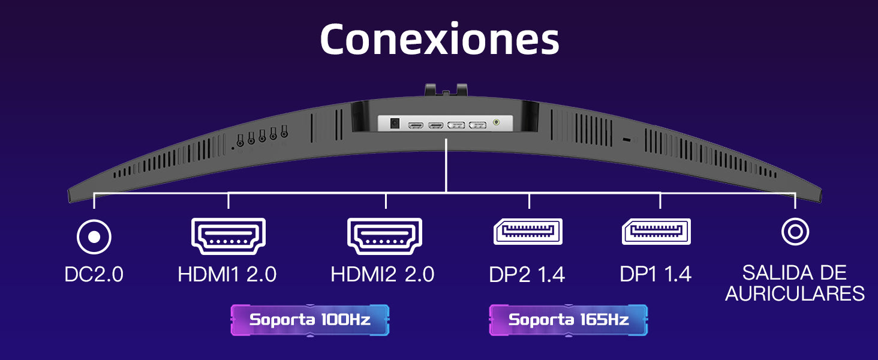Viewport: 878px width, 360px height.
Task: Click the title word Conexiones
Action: pyautogui.click(x=439, y=40)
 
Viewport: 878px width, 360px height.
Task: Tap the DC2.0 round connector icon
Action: pyautogui.click(x=94, y=237)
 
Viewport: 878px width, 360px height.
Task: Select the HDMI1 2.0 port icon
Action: pyautogui.click(x=228, y=236)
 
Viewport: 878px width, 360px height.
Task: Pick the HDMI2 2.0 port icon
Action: pyautogui.click(x=385, y=236)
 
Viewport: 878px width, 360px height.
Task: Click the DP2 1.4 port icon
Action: pyautogui.click(x=528, y=232)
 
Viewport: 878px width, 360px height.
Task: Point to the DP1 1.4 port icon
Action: pyautogui.click(x=657, y=232)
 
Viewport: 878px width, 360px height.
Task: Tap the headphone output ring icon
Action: pyautogui.click(x=795, y=231)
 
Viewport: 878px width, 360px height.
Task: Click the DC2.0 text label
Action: pyautogui.click(x=94, y=275)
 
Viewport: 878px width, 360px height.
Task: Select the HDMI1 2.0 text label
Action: pyautogui.click(x=227, y=275)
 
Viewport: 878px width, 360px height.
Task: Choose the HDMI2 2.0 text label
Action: pyautogui.click(x=383, y=275)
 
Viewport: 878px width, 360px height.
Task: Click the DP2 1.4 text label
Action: pyautogui.click(x=527, y=275)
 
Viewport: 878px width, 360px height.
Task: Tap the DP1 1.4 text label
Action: pyautogui.click(x=656, y=275)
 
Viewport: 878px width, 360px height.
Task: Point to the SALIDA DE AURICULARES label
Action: pyautogui.click(x=795, y=283)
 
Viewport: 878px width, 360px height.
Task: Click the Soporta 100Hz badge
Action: pyautogui.click(x=310, y=320)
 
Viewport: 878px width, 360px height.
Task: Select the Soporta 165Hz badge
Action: pyautogui.click(x=569, y=320)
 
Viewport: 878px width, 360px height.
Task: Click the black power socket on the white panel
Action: pyautogui.click(x=395, y=123)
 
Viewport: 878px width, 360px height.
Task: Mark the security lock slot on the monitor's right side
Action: pyautogui.click(x=627, y=140)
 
